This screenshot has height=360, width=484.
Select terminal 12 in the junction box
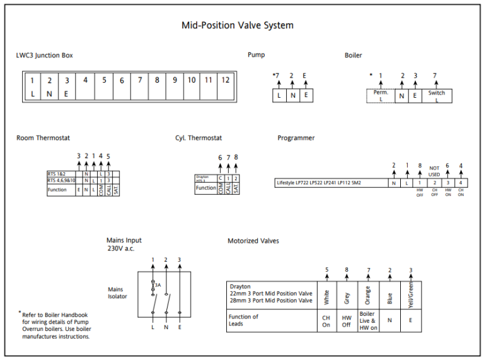[225, 80]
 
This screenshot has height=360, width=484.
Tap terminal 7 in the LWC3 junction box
[139, 80]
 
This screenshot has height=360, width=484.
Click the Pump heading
[256, 55]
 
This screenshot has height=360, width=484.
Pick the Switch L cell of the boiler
[436, 96]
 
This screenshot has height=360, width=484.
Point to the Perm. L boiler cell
[381, 96]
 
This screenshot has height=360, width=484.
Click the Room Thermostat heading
[43, 138]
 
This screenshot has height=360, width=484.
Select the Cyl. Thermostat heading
[199, 138]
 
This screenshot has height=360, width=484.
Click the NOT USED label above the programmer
[434, 171]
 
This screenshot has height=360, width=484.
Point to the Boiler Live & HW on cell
[368, 320]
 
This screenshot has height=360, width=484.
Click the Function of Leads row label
[244, 320]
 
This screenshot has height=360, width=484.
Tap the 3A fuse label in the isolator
[158, 285]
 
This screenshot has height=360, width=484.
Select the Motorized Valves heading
[253, 241]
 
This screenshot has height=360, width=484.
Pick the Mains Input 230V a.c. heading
[124, 245]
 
